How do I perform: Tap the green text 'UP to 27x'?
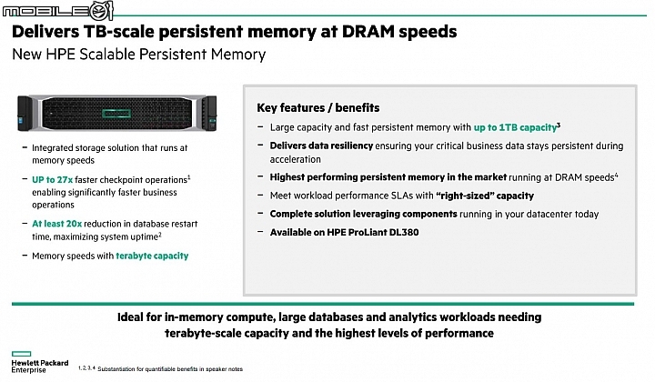(x=52, y=180)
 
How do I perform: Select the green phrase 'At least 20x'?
(x=56, y=224)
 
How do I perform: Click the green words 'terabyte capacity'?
(x=152, y=256)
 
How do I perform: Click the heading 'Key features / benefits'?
(x=317, y=107)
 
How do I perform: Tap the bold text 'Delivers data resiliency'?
(x=321, y=146)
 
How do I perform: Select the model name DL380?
(x=404, y=232)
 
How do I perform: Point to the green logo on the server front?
(x=116, y=113)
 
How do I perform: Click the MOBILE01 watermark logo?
(x=57, y=10)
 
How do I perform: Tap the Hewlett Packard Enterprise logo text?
(x=40, y=367)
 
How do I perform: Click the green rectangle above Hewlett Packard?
(x=21, y=354)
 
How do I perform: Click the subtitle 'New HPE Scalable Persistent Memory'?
(x=138, y=55)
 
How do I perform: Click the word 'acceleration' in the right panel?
(x=296, y=159)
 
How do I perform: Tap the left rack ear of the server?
(x=25, y=113)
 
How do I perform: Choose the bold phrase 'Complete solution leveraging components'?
(x=363, y=214)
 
